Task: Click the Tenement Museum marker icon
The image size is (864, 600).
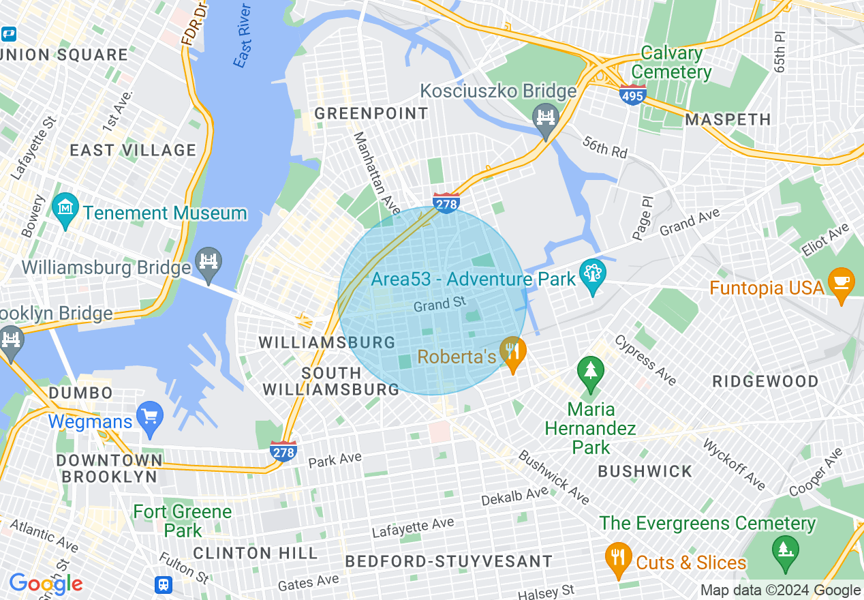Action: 65,204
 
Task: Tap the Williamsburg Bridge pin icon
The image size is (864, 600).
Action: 209,259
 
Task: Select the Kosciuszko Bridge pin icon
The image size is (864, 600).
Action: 544,117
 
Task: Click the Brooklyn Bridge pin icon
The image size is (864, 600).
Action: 11,337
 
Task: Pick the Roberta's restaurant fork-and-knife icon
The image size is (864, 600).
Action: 512,351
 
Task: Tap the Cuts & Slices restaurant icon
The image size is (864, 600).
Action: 618,556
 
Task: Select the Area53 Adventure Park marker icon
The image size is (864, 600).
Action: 592,273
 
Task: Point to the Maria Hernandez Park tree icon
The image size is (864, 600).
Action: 590,370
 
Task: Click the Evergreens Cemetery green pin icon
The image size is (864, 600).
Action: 785,547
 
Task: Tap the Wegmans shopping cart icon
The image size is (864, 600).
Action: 149,414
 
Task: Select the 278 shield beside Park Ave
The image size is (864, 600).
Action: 283,451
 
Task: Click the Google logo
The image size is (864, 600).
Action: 46,584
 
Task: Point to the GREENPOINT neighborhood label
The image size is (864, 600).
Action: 371,113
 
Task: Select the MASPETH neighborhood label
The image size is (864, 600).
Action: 728,120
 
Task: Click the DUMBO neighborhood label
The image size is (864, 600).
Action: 81,393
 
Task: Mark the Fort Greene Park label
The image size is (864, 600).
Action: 183,521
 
